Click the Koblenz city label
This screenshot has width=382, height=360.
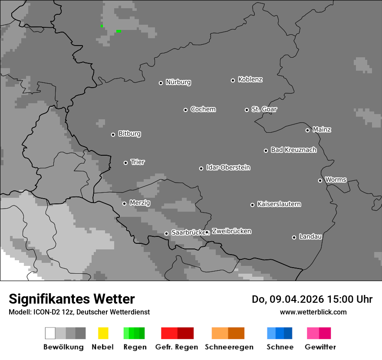tap(250, 79)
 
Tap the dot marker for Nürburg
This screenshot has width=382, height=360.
tap(161, 83)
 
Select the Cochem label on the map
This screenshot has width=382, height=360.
tap(203, 109)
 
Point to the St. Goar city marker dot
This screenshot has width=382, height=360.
tap(247, 110)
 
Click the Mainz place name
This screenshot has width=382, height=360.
tap(322, 130)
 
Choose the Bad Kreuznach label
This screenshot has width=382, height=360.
tap(293, 150)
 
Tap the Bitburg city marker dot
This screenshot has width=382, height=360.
tap(113, 134)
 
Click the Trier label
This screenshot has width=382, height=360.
tap(138, 162)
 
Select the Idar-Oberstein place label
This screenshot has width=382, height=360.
tap(228, 167)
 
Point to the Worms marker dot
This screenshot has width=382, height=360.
tap(320, 180)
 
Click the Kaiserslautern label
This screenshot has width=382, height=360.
tap(279, 204)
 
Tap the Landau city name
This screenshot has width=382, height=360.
tap(310, 237)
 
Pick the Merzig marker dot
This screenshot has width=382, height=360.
tap(124, 203)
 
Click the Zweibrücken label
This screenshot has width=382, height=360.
tap(231, 231)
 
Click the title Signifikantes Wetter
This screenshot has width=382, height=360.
tap(72, 299)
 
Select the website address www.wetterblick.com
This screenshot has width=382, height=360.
tap(313, 312)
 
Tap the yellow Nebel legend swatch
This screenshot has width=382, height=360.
tap(103, 333)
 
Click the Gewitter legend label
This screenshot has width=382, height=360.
tap(320, 347)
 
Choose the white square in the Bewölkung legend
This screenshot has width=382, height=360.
tap(50, 333)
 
